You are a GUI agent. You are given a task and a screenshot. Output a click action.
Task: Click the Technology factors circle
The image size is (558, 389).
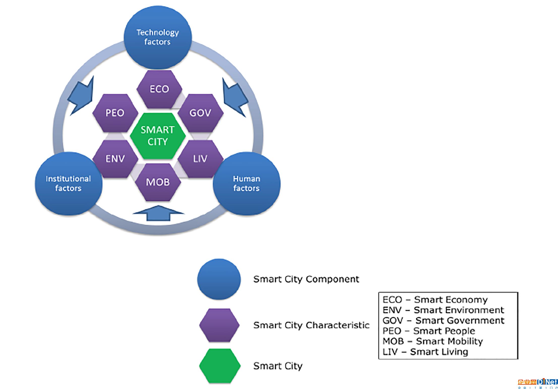(158, 37)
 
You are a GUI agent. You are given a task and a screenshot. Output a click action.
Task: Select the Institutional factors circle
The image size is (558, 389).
(69, 184)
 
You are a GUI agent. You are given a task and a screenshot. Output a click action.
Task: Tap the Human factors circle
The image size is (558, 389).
(247, 184)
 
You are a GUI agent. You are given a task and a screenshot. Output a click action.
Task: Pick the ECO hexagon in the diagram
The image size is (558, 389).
(159, 89)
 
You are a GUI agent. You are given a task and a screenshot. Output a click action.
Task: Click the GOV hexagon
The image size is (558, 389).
(200, 113)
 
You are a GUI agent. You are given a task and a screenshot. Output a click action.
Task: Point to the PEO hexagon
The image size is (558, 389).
(115, 113)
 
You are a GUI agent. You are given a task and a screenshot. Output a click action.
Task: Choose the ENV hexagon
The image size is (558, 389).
(115, 159)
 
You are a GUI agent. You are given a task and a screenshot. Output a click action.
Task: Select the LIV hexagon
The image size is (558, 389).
(200, 159)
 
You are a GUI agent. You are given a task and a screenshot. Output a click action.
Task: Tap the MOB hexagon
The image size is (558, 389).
(158, 182)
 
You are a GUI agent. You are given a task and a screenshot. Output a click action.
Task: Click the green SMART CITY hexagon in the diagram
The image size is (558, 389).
(158, 136)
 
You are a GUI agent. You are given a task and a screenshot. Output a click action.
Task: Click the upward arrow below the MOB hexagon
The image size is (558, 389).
(158, 213)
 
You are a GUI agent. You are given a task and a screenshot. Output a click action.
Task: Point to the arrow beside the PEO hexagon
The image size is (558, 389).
(81, 96)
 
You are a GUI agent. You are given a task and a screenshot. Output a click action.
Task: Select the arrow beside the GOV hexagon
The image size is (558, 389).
(235, 97)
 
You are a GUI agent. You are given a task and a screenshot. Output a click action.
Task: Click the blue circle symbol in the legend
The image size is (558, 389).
(219, 279)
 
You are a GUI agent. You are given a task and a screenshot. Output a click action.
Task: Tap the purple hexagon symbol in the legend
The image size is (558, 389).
(219, 325)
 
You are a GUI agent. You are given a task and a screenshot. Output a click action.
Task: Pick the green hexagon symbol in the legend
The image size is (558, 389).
(220, 366)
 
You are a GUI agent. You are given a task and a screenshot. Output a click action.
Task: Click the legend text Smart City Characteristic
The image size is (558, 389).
(311, 325)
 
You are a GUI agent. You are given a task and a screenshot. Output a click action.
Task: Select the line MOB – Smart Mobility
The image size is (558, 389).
(433, 341)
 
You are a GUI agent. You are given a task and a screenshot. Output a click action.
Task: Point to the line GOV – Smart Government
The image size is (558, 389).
(444, 321)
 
